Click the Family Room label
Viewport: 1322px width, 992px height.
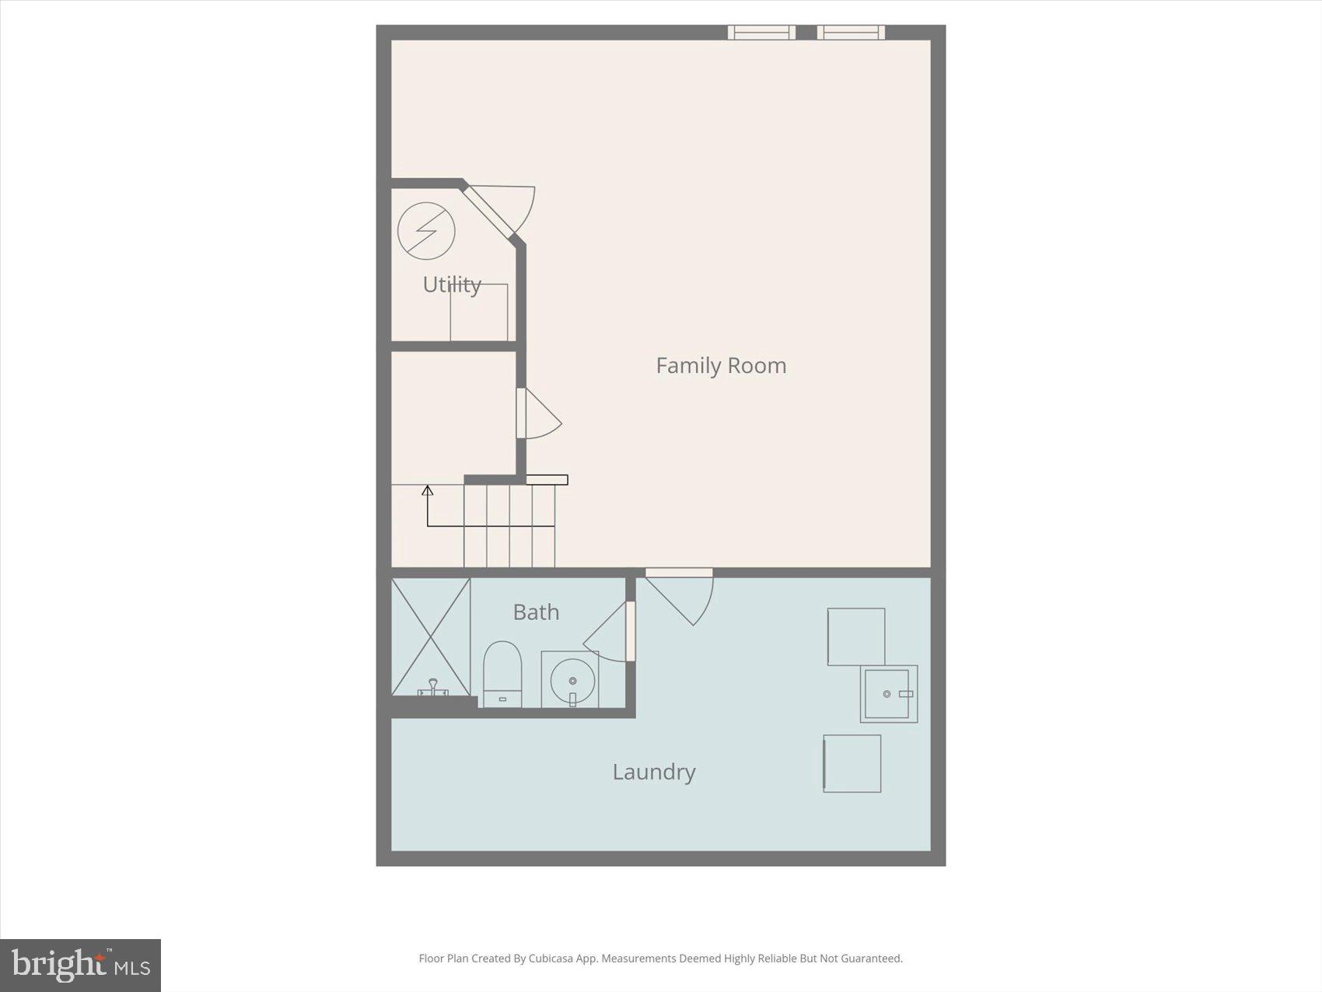click(x=721, y=365)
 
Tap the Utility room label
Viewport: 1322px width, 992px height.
click(x=452, y=284)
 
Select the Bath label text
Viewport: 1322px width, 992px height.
click(x=536, y=612)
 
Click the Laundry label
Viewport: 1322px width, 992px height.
click(x=653, y=772)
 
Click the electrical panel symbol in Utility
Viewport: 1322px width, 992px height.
click(x=426, y=231)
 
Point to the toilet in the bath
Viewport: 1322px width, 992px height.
click(x=502, y=672)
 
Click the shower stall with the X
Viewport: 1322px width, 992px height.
click(x=431, y=636)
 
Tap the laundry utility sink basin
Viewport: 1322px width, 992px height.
click(x=888, y=693)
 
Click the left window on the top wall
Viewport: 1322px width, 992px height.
click(x=761, y=32)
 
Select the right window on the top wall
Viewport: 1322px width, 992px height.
click(x=851, y=32)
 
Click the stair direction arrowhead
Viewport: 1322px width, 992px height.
click(x=427, y=490)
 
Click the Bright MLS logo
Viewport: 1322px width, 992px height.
click(x=81, y=966)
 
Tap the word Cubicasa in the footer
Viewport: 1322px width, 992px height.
click(x=551, y=959)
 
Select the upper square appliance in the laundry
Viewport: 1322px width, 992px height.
click(x=855, y=636)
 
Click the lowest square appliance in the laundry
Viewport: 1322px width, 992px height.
click(x=852, y=763)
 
